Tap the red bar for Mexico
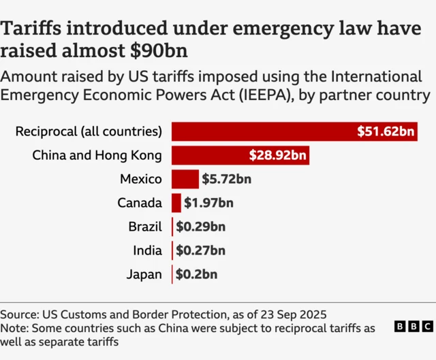pos(185,179)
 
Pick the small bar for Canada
pos(176,203)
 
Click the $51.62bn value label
pos(386,131)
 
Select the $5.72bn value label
pos(226,180)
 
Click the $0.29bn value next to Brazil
pos(200,227)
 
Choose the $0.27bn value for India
pos(200,250)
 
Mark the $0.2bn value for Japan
pos(196,274)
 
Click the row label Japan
pos(144,275)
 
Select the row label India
pos(147,251)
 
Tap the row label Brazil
pos(144,227)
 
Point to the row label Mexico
pos(140,180)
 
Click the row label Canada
pos(139,203)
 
